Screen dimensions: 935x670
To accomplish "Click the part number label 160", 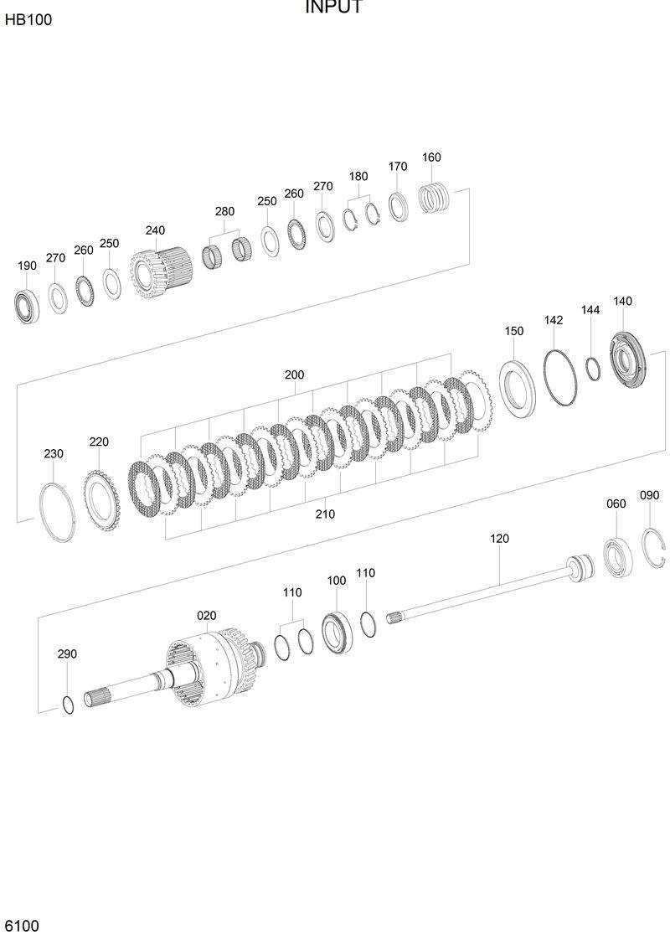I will (x=431, y=158).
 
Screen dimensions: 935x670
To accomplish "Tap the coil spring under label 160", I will (x=435, y=199).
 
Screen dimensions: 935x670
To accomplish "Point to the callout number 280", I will (x=224, y=212).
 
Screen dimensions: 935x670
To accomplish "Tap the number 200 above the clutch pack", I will (x=294, y=375).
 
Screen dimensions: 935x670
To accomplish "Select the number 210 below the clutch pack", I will (x=325, y=514).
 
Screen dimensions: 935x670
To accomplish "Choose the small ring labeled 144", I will (x=592, y=367).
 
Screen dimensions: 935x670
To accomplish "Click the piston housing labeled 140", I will (x=630, y=359).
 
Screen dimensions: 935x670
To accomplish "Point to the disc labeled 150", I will (x=519, y=385).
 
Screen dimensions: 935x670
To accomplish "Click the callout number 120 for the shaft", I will (x=499, y=539).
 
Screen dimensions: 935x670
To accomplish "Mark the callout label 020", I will (x=207, y=616).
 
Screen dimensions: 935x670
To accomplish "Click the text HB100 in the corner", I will (x=28, y=20).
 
